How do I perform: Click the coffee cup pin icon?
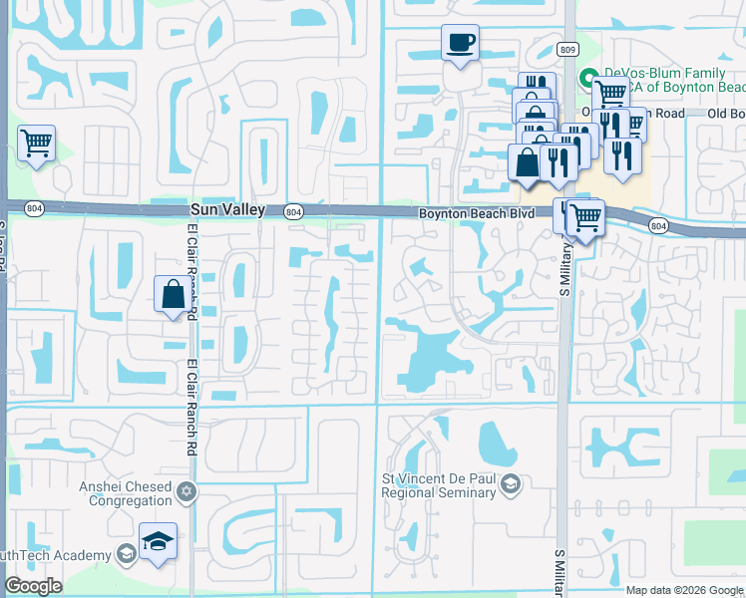click(x=460, y=43)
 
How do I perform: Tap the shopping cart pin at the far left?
click(x=36, y=144)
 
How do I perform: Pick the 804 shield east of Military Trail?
click(x=658, y=226)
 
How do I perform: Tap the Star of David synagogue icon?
click(x=186, y=493)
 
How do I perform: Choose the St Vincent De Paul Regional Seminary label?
click(x=439, y=485)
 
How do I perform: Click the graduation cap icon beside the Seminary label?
click(x=511, y=485)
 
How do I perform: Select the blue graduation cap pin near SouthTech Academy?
click(x=158, y=540)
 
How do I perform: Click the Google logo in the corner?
click(x=33, y=586)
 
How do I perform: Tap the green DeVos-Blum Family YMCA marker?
click(x=589, y=76)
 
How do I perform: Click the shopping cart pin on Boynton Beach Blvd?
click(x=585, y=215)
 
